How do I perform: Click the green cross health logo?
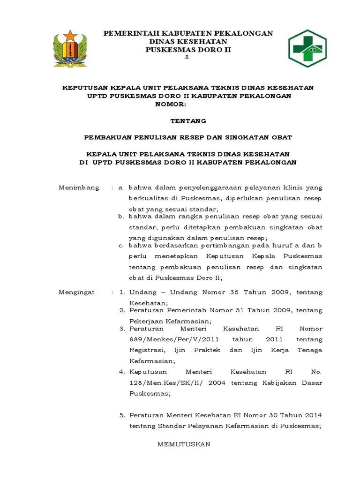click(308, 46)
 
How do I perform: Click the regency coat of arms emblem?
click(70, 47)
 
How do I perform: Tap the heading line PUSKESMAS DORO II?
click(188, 49)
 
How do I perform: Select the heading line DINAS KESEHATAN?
click(188, 41)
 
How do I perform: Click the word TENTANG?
click(188, 121)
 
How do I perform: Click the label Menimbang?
click(79, 187)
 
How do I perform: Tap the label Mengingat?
click(76, 292)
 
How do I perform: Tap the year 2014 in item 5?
click(312, 415)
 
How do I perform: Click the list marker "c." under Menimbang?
click(121, 245)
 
